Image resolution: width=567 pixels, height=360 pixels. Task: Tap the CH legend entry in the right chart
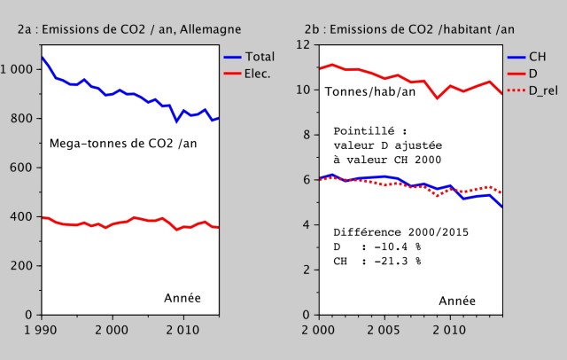537,57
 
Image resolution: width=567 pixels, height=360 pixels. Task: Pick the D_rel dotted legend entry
543,90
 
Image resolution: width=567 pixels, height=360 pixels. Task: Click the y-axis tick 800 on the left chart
19,119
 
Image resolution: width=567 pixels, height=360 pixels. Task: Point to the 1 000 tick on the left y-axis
16,69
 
